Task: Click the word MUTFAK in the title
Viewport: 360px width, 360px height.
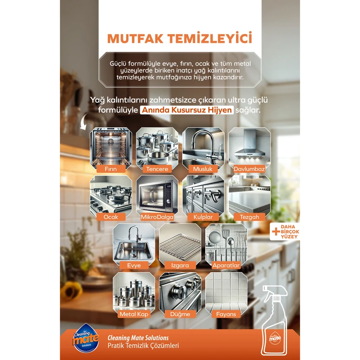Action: (137, 38)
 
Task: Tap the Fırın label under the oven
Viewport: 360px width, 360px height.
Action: (111, 169)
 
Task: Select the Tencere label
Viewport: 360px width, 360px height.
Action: (157, 169)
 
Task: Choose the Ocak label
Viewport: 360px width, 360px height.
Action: (111, 217)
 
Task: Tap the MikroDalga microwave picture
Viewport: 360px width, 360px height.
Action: (157, 196)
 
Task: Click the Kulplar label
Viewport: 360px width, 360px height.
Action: (203, 217)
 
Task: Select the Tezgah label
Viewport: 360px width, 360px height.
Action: (249, 217)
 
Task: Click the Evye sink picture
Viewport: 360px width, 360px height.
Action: (134, 245)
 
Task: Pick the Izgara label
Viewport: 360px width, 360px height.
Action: (180, 265)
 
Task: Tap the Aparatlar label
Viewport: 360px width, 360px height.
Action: (226, 265)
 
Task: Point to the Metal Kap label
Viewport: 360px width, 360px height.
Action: (134, 314)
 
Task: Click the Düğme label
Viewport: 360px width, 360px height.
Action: (180, 314)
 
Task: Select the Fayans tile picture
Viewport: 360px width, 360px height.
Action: (226, 293)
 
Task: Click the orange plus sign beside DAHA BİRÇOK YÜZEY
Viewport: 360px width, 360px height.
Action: (276, 232)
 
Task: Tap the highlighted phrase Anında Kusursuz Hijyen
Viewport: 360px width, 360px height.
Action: (187, 110)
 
